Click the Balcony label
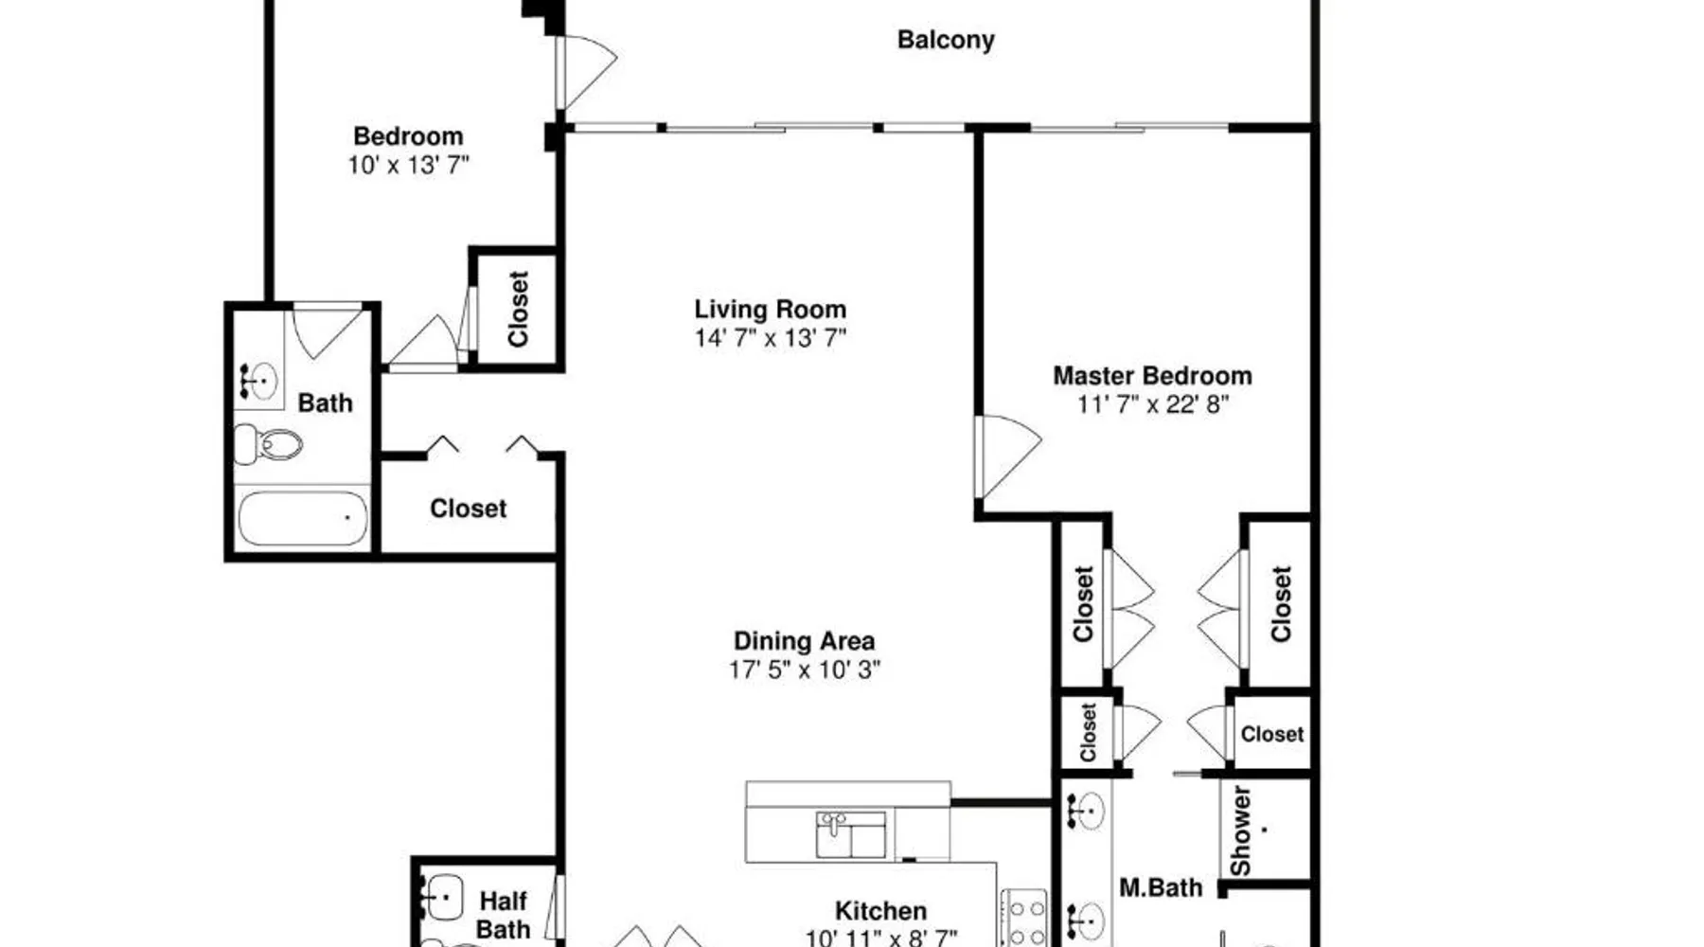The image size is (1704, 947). coord(946,41)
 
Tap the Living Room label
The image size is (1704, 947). coord(770,310)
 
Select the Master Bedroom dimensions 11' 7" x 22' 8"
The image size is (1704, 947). coord(1152,404)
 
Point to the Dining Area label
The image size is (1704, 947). coord(804,641)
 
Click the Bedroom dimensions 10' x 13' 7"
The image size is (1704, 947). coord(408,165)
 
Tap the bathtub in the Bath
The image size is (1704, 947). coord(302,518)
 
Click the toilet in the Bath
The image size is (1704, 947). coord(268,443)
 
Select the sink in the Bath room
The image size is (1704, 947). coord(258,381)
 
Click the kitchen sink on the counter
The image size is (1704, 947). coord(850,834)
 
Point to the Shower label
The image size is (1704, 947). coord(1240,831)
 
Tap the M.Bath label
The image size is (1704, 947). coord(1161,888)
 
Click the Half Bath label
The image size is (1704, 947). coord(503,915)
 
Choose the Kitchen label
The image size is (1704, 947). coord(880,911)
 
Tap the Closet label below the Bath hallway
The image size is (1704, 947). coord(469,509)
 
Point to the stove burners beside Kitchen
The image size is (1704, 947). coord(1024,919)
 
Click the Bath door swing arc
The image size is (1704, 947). coord(327,331)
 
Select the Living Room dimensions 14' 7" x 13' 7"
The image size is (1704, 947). coord(770,338)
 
